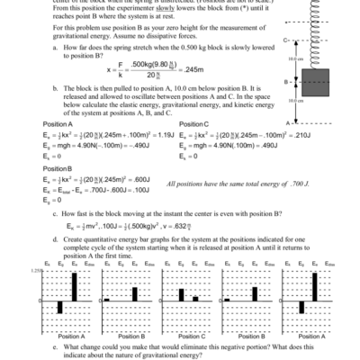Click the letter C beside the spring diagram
(285, 40)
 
